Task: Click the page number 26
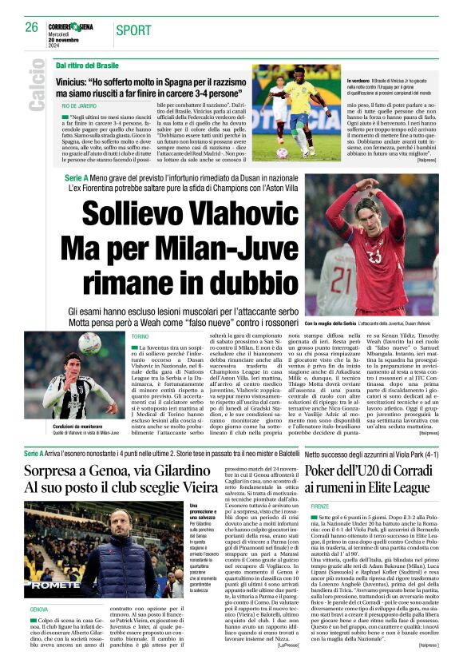[31, 27]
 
